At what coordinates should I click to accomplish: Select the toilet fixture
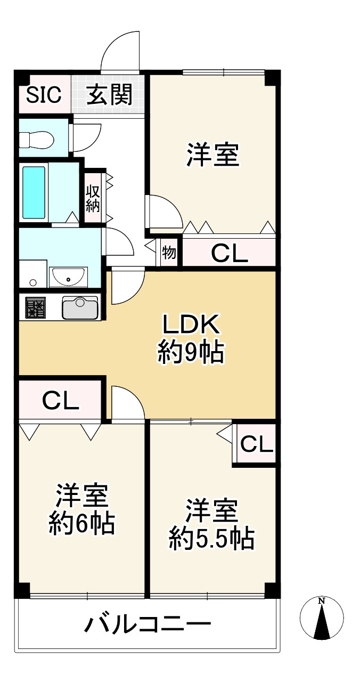36,140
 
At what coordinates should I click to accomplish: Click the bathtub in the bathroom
34,192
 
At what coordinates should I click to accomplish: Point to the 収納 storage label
93,199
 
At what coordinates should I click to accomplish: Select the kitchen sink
80,307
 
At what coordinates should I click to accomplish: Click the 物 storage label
169,253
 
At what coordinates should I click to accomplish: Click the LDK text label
190,325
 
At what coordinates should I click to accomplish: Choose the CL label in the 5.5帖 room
256,444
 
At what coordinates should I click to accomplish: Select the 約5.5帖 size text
211,539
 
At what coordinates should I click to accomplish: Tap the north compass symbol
321,618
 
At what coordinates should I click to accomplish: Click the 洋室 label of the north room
211,156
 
